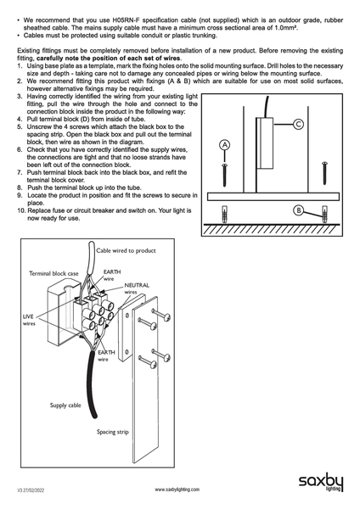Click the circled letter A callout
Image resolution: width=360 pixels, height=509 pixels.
[x=224, y=145]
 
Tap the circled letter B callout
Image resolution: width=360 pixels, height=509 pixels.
[x=298, y=210]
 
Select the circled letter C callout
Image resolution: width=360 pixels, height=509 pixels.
[x=299, y=125]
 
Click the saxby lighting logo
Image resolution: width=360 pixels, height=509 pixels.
[x=321, y=483]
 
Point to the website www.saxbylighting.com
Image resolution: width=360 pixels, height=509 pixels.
[x=177, y=489]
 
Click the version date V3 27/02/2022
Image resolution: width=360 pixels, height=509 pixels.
[x=31, y=490]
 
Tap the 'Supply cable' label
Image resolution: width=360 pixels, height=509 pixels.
[x=65, y=406]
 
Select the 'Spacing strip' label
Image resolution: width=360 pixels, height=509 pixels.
[x=112, y=432]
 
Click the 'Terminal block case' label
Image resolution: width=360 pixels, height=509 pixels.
[x=53, y=273]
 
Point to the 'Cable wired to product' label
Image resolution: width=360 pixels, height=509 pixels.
[x=126, y=250]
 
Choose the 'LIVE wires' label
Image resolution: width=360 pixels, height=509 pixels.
[x=29, y=320]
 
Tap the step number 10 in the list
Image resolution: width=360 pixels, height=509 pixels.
[x=21, y=210]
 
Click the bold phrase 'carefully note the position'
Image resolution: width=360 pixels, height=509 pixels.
[x=82, y=59]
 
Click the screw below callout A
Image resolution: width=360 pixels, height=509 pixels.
[x=224, y=175]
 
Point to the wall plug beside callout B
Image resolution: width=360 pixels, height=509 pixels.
[x=324, y=215]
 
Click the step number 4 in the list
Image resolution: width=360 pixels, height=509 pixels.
[x=20, y=119]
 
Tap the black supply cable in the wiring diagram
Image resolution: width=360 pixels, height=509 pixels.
[x=92, y=384]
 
